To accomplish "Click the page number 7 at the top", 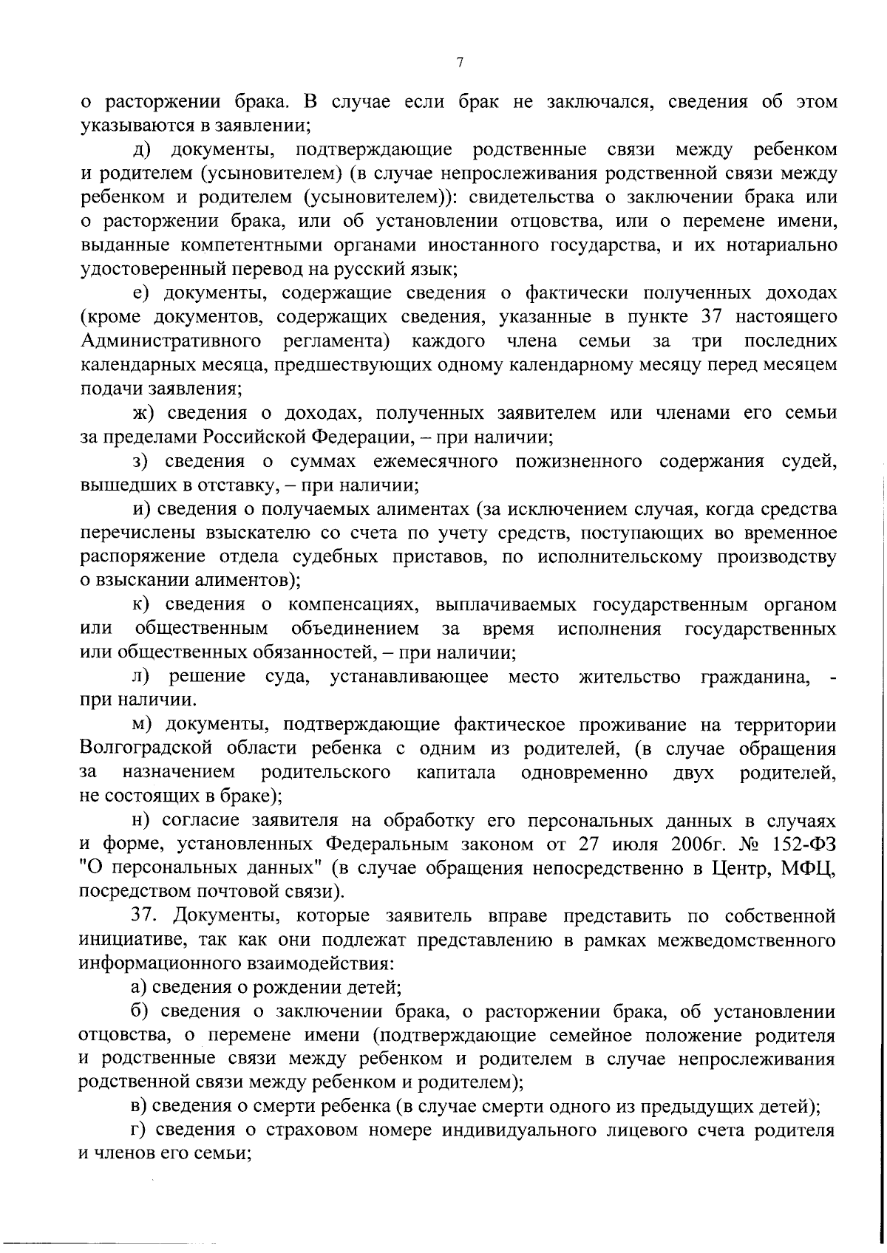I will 459,63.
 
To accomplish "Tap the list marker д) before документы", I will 142,150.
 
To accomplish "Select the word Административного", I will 171,341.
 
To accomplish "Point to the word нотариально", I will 784,245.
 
